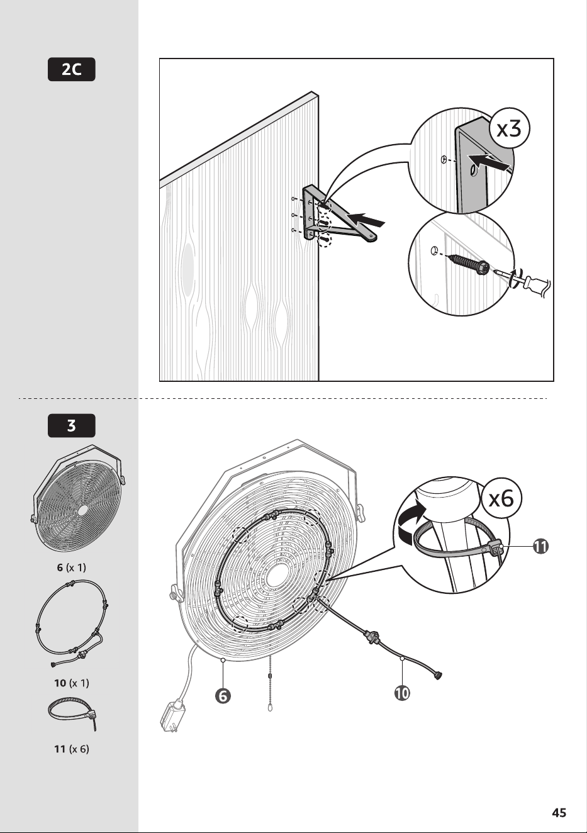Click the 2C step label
click(x=72, y=70)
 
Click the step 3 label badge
click(x=72, y=425)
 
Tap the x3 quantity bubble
click(x=508, y=130)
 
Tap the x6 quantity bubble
click(x=501, y=499)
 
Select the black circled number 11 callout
click(x=540, y=546)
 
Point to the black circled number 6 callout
click(x=223, y=695)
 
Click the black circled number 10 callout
click(x=403, y=693)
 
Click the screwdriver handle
click(x=535, y=284)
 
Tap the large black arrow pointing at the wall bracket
click(x=364, y=219)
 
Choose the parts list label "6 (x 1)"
click(x=72, y=567)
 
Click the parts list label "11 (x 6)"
click(x=72, y=749)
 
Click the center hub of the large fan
click(x=277, y=575)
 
